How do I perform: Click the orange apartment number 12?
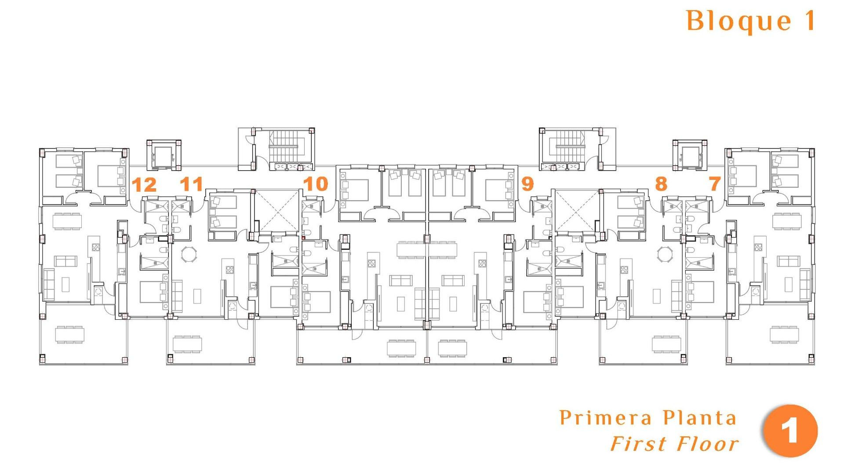click(144, 185)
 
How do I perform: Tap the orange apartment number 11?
click(191, 184)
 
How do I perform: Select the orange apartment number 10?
click(316, 184)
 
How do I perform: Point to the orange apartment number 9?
click(527, 184)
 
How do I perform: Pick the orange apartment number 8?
click(661, 184)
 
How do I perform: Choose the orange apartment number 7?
click(715, 184)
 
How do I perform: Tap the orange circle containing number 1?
click(790, 431)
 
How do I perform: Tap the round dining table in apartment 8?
click(665, 254)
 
